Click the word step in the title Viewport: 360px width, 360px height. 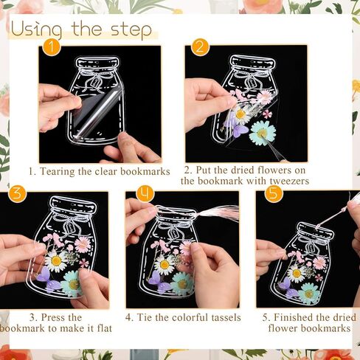[x=131, y=31]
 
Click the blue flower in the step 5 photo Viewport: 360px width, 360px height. [x=308, y=292]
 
